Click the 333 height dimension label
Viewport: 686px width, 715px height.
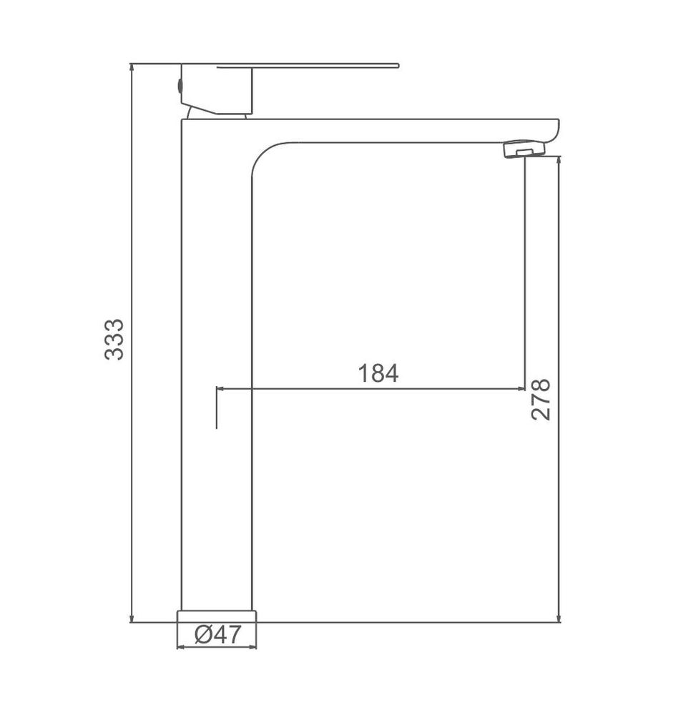pos(114,339)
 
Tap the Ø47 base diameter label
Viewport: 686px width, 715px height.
pos(216,634)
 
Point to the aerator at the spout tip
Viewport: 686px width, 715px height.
pos(524,150)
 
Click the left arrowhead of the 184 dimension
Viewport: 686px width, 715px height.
pos(220,389)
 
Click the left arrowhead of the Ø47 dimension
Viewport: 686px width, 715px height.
pos(180,647)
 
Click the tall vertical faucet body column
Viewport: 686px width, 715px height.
pos(216,372)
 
